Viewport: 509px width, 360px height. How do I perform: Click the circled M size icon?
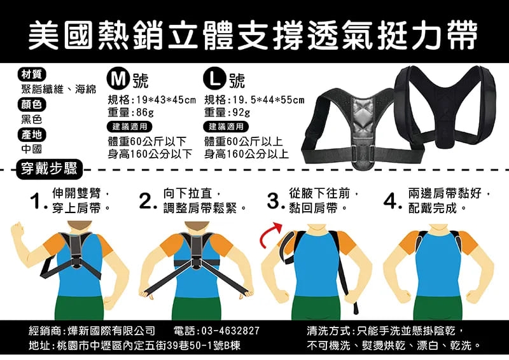pos(118,78)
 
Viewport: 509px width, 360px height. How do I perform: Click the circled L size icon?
pos(214,78)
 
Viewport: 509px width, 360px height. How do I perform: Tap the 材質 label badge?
pos(31,74)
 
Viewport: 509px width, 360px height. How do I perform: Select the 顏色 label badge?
pos(31,104)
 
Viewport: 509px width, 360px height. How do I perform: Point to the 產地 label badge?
pos(31,135)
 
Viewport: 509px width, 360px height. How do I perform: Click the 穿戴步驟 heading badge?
pos(50,169)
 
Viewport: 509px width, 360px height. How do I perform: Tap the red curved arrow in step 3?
pos(270,234)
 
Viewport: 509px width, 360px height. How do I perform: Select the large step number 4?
pos(391,201)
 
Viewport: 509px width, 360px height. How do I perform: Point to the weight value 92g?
pos(241,113)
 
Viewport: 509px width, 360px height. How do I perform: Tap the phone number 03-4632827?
pos(230,331)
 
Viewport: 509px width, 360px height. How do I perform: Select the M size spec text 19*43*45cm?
pos(166,100)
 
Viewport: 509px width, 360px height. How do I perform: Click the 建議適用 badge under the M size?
pos(130,127)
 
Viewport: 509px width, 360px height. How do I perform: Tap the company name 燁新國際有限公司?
pos(111,331)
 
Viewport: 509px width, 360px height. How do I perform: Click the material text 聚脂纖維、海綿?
pos(59,89)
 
